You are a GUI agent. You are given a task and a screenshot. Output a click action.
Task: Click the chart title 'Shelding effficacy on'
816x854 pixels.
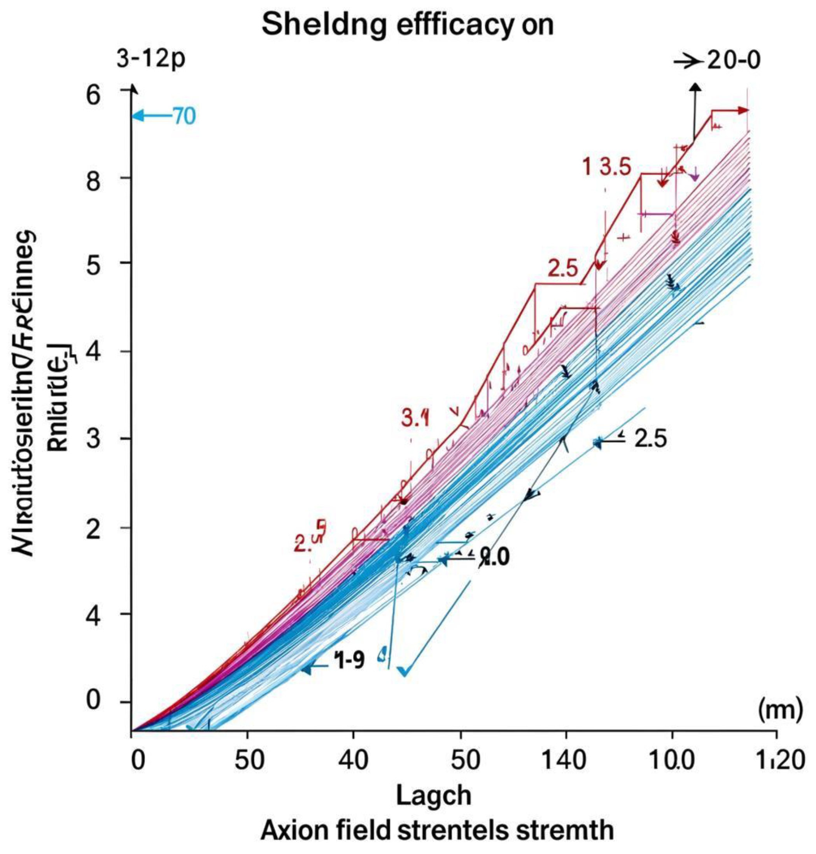click(408, 25)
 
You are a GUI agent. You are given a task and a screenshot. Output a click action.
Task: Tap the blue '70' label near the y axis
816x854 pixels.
click(184, 117)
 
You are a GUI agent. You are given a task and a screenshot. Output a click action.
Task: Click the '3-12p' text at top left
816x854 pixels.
click(151, 59)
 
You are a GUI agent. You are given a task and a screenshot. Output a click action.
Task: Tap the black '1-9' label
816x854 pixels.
click(349, 661)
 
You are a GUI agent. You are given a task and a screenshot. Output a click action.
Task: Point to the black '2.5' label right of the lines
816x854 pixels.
click(650, 439)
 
